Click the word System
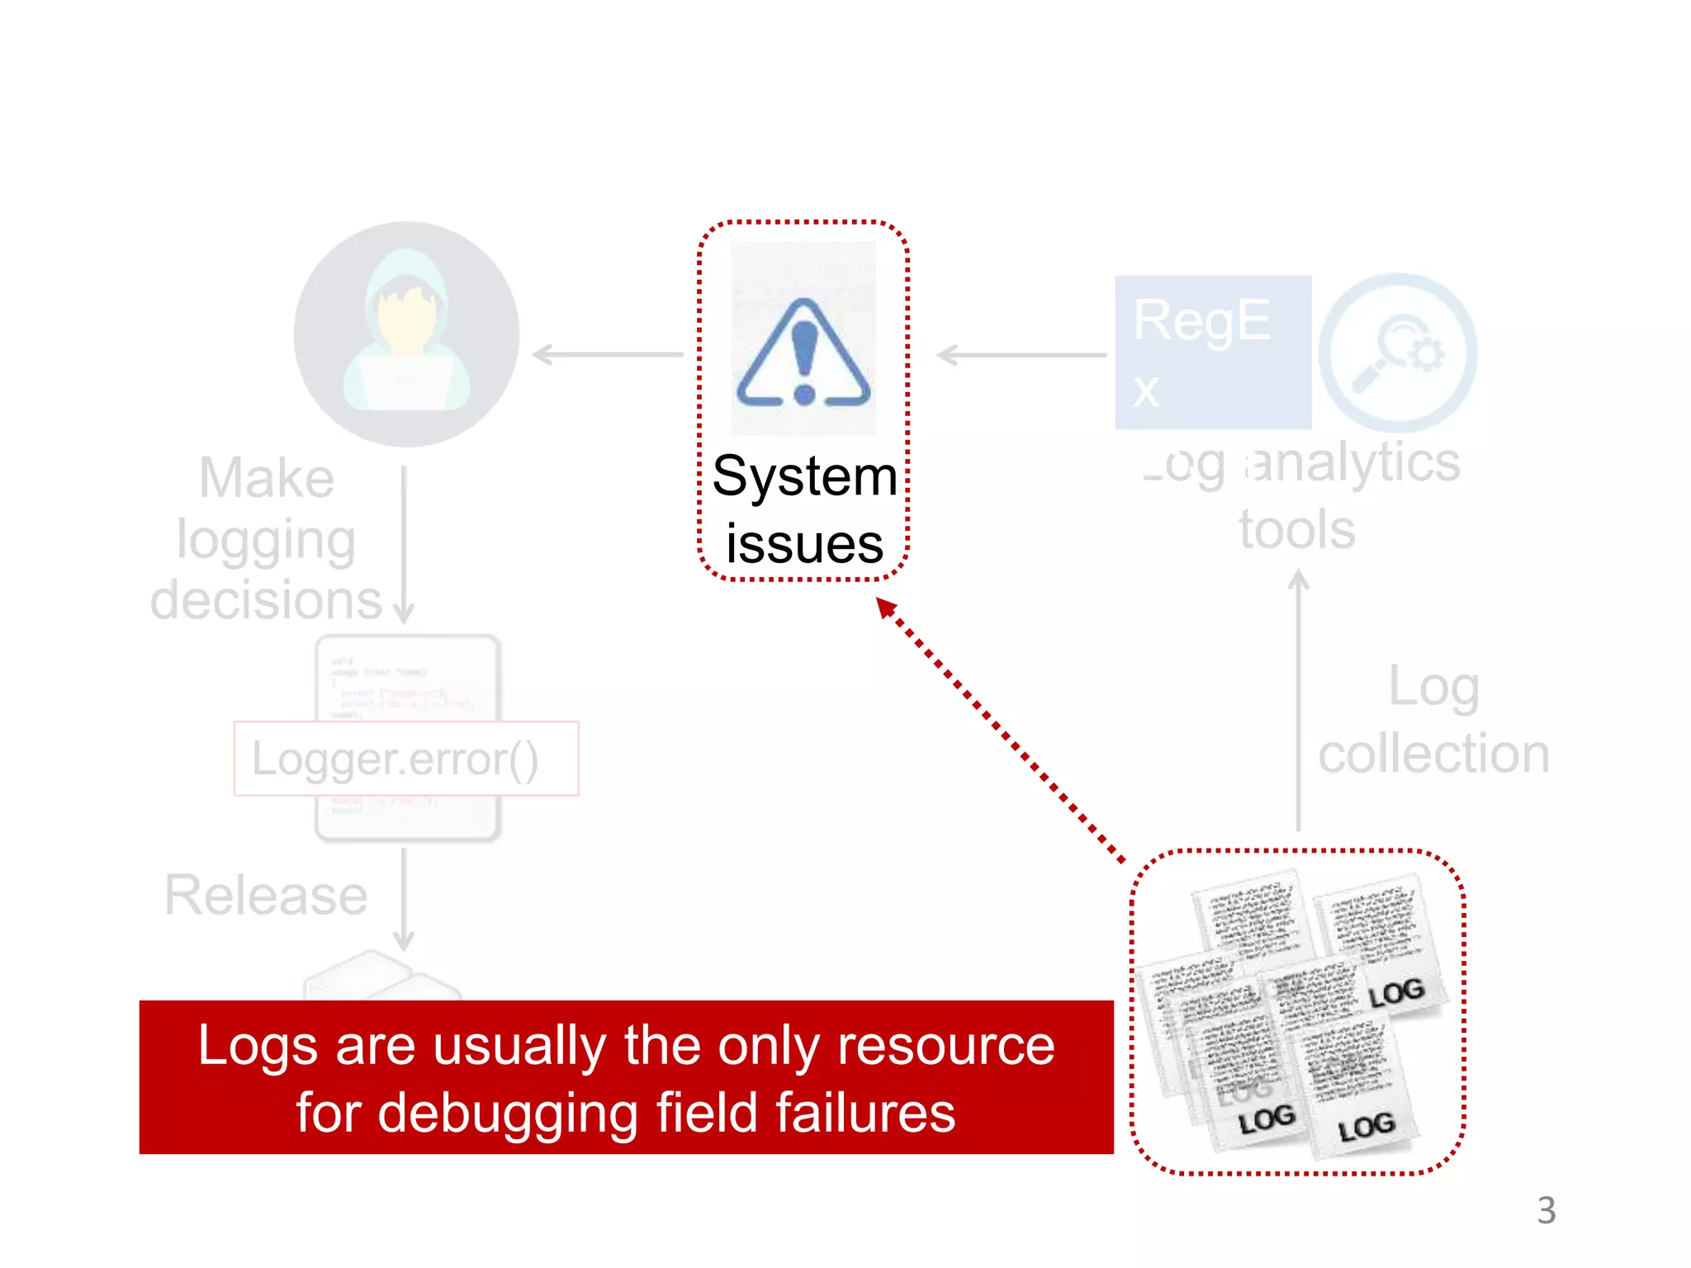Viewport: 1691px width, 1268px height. point(804,476)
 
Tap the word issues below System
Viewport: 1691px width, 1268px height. point(804,544)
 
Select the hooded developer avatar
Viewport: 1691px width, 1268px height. point(406,334)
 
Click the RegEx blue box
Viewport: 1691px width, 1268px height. point(1212,352)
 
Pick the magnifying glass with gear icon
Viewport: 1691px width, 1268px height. point(1397,352)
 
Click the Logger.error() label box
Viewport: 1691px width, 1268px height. point(406,759)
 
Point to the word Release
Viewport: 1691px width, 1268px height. point(266,895)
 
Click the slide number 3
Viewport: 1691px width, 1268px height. point(1546,1211)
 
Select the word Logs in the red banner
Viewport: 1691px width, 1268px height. point(258,1046)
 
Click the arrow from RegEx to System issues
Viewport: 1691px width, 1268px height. point(1021,355)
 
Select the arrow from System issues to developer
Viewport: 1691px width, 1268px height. point(608,355)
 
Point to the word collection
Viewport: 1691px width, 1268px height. point(1433,754)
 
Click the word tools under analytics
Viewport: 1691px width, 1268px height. point(1296,529)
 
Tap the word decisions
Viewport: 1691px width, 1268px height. point(266,600)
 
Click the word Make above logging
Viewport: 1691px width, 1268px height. point(267,478)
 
